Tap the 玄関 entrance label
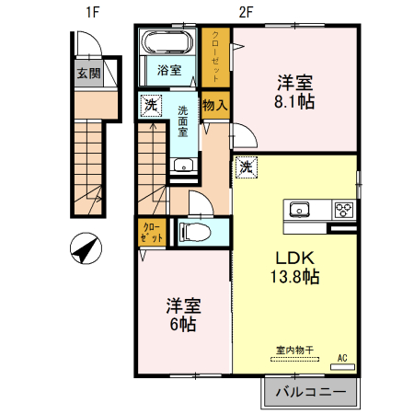click(88, 74)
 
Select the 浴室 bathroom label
click(168, 70)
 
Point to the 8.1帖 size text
click(293, 102)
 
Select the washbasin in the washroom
click(183, 167)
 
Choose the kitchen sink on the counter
click(301, 209)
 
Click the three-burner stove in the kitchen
click(345, 209)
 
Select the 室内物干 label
click(295, 349)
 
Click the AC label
click(342, 357)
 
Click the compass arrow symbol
click(85, 248)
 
